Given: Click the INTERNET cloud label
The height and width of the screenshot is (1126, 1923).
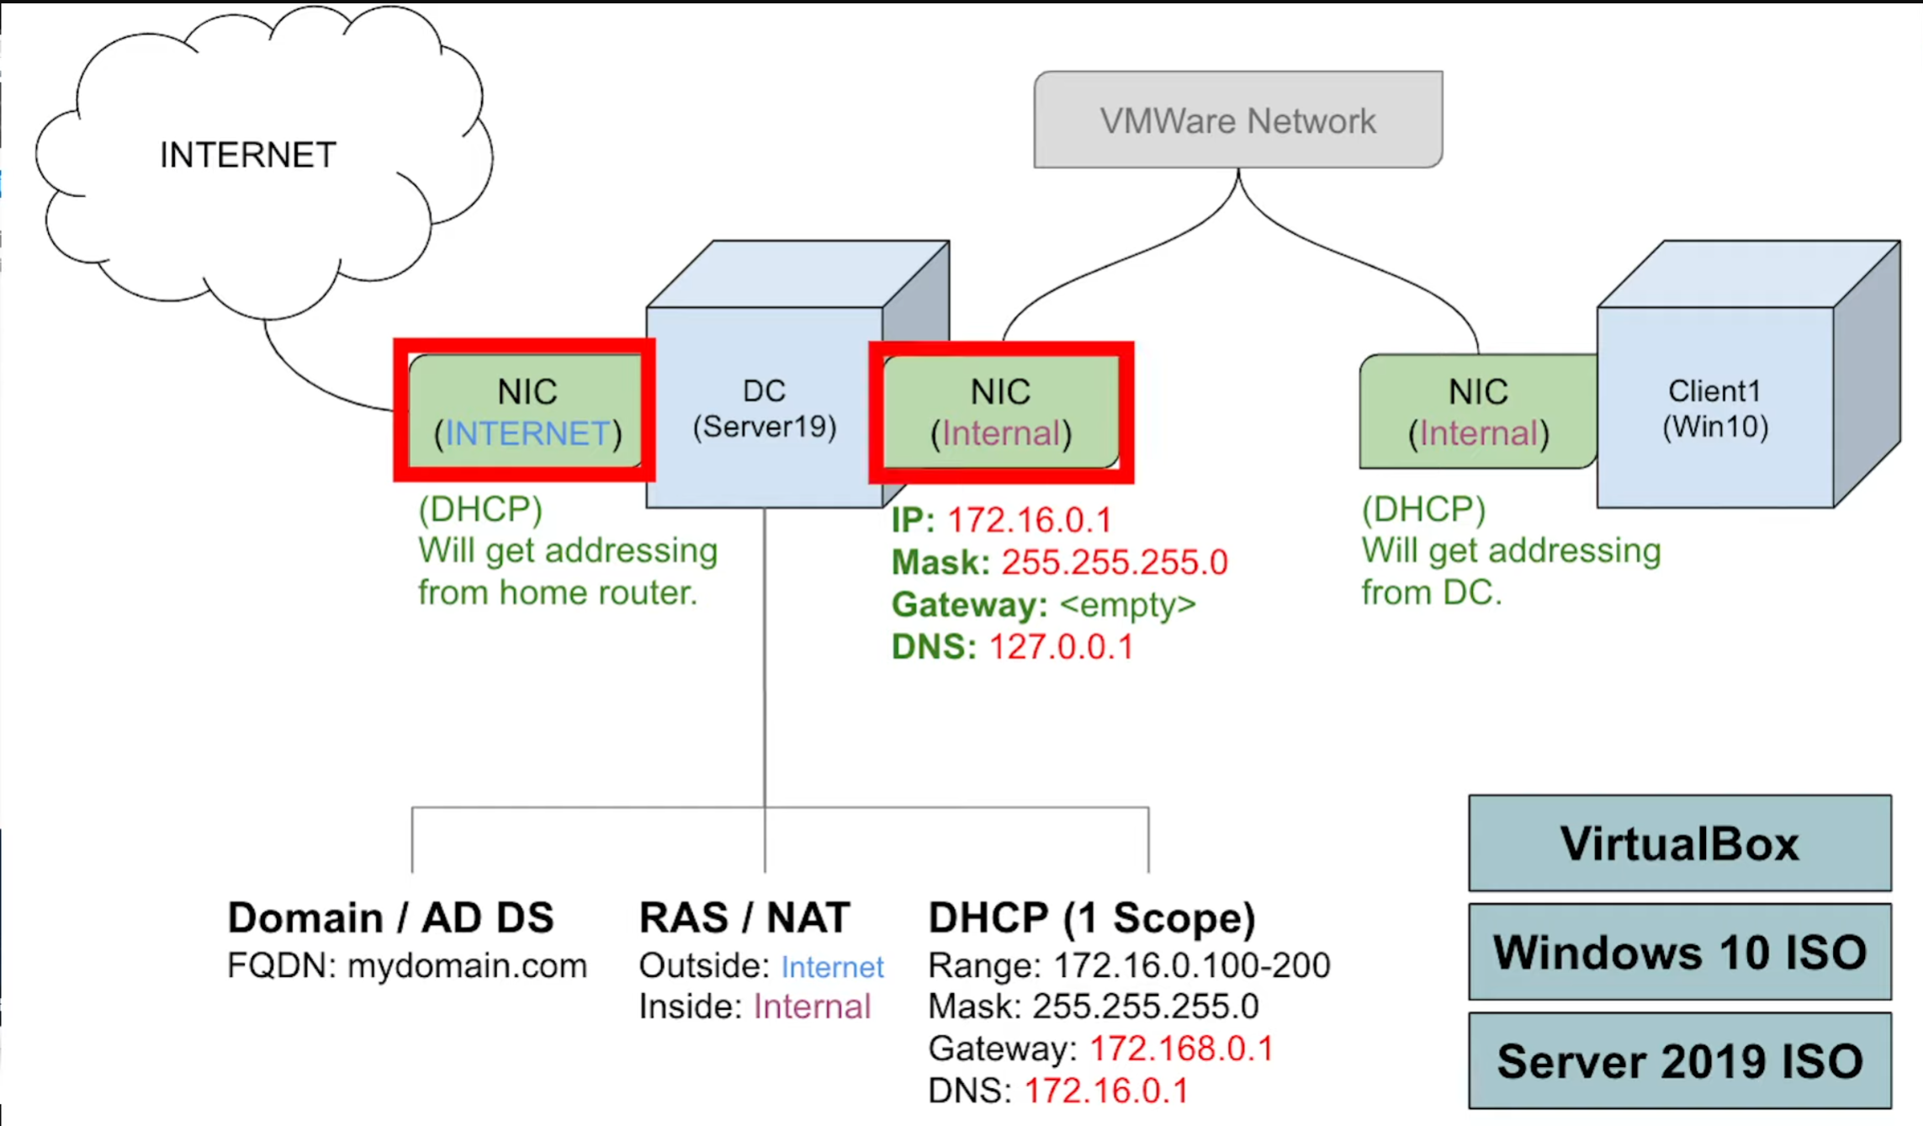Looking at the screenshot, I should coord(247,156).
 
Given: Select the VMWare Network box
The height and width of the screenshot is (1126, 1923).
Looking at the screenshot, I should coord(1237,120).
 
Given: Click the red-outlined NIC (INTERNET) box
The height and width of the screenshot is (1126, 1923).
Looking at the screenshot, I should coord(525,411).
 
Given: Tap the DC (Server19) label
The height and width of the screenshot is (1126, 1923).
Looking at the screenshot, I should coord(764,409).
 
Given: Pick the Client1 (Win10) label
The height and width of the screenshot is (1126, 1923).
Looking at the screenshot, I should coord(1714,409).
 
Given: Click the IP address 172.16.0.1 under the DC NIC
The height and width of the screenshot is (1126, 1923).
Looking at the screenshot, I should coord(1029,520).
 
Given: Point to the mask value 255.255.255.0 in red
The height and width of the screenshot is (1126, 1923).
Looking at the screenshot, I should coord(1114,562).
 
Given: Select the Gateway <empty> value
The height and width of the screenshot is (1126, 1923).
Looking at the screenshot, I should coord(1127,604).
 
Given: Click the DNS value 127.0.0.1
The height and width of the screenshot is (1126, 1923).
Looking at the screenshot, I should coord(1061,646).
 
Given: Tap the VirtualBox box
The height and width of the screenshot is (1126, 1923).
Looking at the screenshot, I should coord(1679,843).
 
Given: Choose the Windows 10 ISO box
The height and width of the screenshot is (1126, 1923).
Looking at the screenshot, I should coord(1679,952).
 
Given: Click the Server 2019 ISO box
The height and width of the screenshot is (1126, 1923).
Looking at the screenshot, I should coord(1679,1060).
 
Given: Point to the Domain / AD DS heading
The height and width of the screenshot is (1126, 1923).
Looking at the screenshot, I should coord(390,917).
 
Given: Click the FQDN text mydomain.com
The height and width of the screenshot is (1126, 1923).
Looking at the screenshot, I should coord(467,965).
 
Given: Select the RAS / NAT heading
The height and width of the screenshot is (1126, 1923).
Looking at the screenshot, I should coord(744,917).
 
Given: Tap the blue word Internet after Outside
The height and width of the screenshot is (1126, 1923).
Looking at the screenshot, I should coord(832,966).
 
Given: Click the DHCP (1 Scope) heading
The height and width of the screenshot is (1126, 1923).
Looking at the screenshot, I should coord(1091,917).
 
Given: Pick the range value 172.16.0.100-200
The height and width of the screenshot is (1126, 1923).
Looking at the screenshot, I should coord(1191,965).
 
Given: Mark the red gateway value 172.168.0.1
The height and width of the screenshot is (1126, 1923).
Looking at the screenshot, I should coord(1181,1049).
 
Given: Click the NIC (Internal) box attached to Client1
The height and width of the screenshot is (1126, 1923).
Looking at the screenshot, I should coord(1477,411).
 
